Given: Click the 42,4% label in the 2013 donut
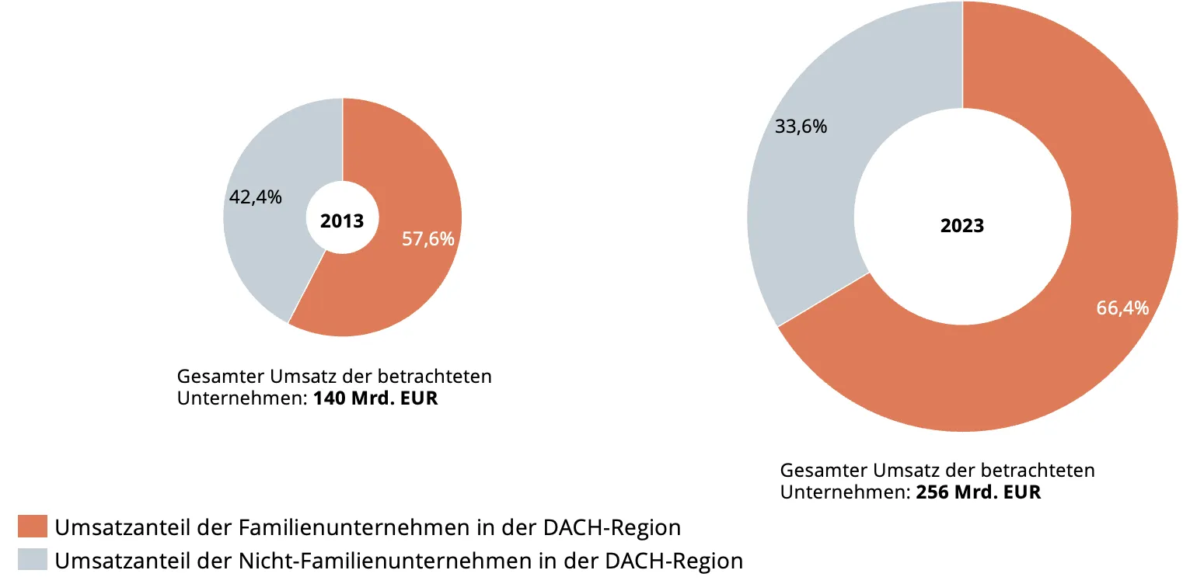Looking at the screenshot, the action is pos(256,197).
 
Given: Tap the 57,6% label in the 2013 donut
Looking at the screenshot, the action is pos(428,239).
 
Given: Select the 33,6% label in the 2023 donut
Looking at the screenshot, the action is pos(801,127).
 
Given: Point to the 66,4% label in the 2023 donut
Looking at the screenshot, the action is pos(1122,308).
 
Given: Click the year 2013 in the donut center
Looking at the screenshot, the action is pos(342,221).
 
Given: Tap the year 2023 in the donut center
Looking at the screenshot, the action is pos(962,226).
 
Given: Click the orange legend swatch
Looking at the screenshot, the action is pos(33,527).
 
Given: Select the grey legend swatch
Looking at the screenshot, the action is pos(33,559).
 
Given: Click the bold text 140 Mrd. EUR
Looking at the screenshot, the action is pos(375,398).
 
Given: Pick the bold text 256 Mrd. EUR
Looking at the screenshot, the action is pos(979,492).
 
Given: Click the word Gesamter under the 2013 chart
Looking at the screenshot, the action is pos(220,377).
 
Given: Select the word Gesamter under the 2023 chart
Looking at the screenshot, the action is pos(823,471).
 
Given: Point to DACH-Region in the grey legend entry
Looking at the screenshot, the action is pos(674,561).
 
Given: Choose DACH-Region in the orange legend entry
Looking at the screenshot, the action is pos(612,527).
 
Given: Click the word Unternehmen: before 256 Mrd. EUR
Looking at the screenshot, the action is pos(845,492).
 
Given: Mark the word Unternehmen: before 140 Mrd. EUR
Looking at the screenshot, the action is pos(242,398).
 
